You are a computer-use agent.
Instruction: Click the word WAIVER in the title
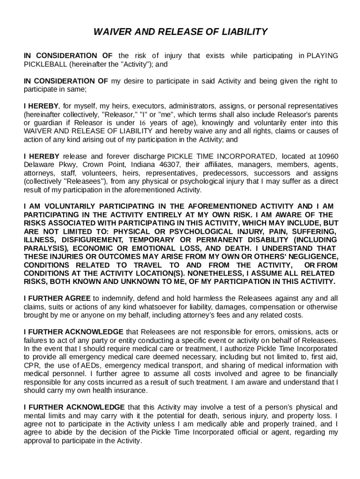point(110,32)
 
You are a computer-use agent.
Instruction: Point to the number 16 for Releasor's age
point(143,123)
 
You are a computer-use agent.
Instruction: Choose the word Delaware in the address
point(38,165)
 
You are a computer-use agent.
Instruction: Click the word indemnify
point(114,298)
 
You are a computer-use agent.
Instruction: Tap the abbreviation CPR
point(31,365)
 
